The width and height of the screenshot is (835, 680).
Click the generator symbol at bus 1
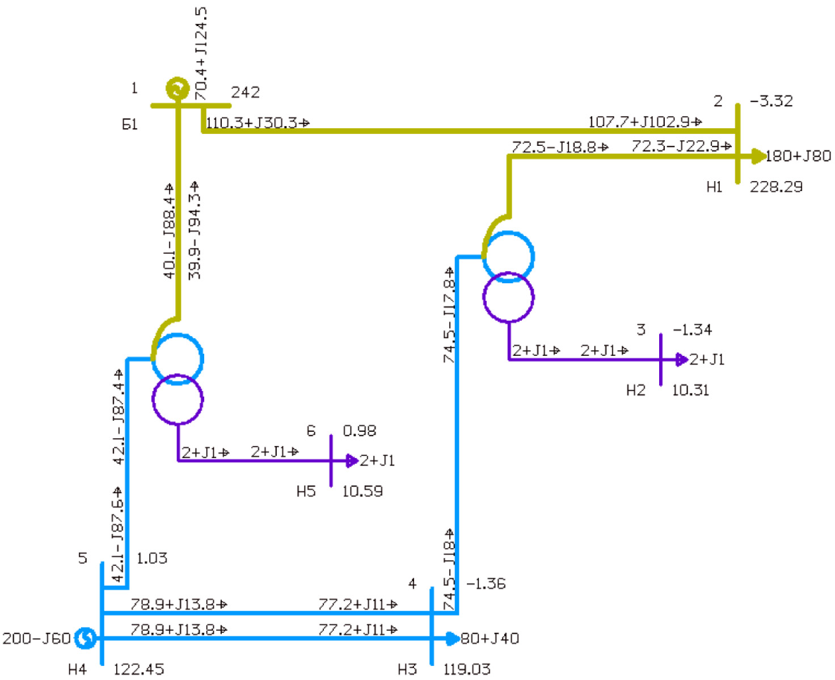[x=177, y=89]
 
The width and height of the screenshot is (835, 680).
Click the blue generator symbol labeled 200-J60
[x=86, y=638]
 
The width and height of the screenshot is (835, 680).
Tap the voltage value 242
[x=245, y=93]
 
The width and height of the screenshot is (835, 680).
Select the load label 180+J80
[x=798, y=156]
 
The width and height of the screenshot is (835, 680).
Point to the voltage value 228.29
[x=776, y=187]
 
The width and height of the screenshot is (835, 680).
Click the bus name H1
[x=714, y=187]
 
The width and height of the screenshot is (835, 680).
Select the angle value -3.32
[x=771, y=102]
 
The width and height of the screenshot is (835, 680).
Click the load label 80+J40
[x=490, y=639]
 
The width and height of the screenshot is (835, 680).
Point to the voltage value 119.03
[x=466, y=669]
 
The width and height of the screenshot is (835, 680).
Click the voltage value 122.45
[x=138, y=669]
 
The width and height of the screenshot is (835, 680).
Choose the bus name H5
[x=306, y=491]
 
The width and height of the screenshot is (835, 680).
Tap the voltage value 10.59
[x=362, y=491]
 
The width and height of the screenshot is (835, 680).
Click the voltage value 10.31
[x=690, y=390]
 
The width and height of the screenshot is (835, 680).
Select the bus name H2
[x=635, y=390]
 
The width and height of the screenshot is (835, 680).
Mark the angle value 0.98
[x=359, y=431]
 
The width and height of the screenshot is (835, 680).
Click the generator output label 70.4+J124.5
[x=201, y=54]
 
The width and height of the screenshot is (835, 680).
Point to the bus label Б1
[x=130, y=124]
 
